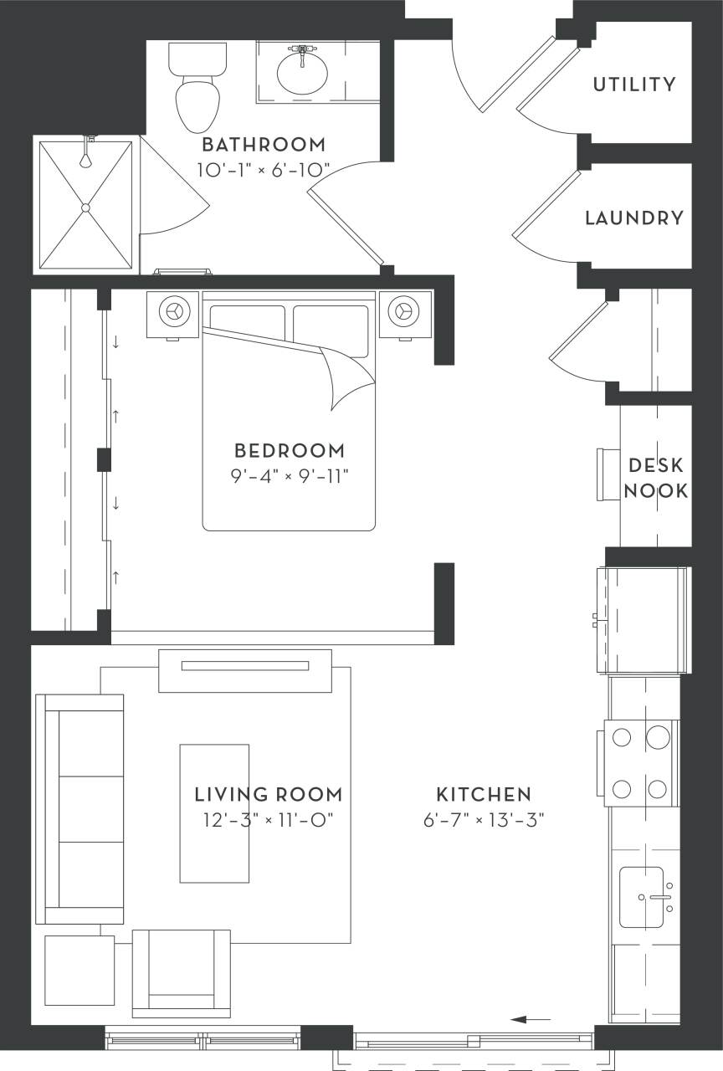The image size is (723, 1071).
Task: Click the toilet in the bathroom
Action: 197,92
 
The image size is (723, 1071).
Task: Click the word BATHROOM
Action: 264,145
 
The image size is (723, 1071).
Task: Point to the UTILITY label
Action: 634,85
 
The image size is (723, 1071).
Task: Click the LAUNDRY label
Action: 634,218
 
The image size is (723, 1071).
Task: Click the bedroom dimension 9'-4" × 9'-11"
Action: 289,476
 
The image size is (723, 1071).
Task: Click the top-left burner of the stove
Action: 622,737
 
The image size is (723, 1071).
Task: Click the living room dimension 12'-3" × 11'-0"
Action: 268,819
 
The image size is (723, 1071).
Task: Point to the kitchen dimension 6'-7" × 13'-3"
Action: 484,819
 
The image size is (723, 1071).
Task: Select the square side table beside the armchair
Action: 79,971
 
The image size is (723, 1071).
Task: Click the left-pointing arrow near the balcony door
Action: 531,1019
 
